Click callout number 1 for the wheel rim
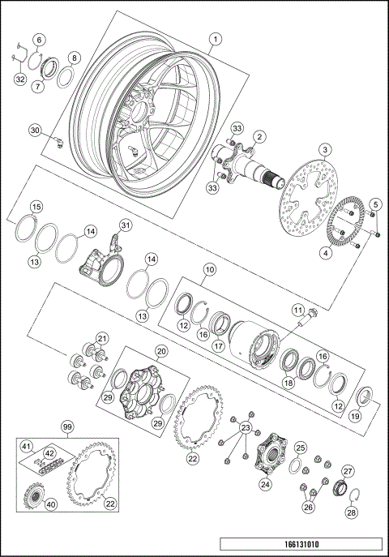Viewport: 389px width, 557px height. pos(216,38)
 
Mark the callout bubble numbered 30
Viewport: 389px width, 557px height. pos(35,130)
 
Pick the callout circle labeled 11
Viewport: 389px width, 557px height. pos(297,310)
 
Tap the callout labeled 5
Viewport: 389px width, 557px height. pos(374,203)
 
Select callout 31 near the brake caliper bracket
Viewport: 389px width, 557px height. pos(125,225)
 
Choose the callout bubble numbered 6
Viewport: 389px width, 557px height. pos(40,39)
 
